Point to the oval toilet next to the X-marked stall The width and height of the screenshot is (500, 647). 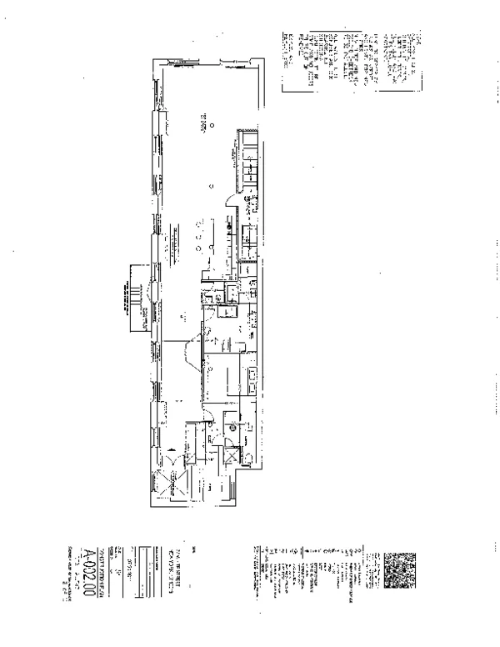click(246, 455)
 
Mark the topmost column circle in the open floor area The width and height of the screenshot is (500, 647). click(211, 125)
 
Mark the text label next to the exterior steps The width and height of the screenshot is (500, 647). click(147, 315)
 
